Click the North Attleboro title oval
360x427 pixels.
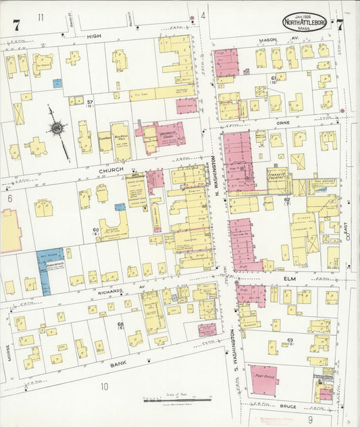(x=307, y=22)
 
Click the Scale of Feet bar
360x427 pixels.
(x=177, y=401)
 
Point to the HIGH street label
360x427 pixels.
(x=93, y=35)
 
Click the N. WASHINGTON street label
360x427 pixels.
(x=217, y=177)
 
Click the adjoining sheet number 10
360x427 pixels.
(x=105, y=386)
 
